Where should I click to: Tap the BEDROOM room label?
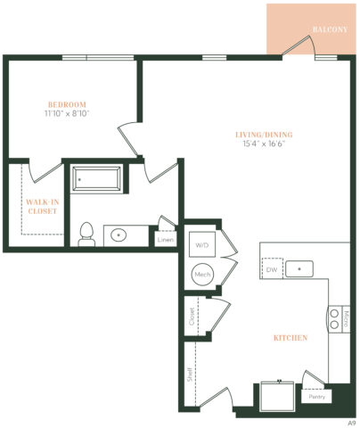(x=67, y=103)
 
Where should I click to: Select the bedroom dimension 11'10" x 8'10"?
(x=67, y=113)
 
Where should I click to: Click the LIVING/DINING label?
(x=264, y=135)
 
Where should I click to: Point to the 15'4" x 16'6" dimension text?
(x=264, y=145)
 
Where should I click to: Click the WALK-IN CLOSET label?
(x=42, y=206)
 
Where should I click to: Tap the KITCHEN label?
(x=290, y=338)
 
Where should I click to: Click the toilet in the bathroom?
(x=86, y=234)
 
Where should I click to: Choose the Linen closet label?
(x=165, y=239)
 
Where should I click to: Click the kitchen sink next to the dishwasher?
(x=303, y=267)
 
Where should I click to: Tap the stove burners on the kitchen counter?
(x=335, y=318)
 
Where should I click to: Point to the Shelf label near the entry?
(x=190, y=374)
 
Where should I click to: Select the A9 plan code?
(x=351, y=421)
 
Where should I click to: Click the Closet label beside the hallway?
(x=191, y=317)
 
